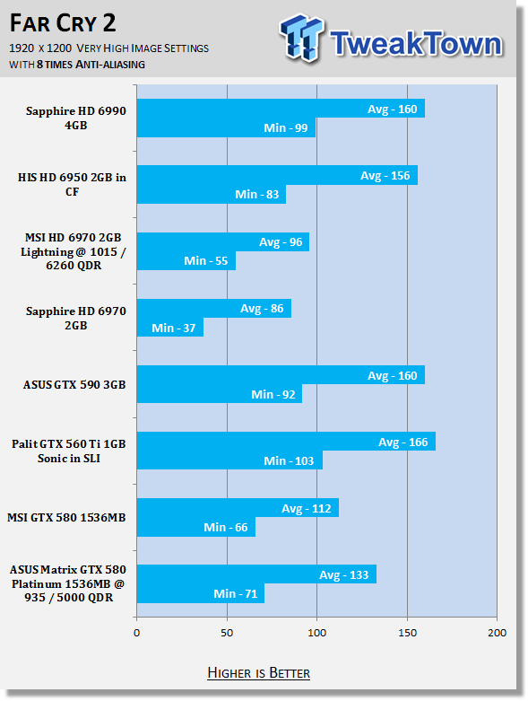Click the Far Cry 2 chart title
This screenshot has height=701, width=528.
[x=63, y=22]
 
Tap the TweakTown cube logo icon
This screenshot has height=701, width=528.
[x=301, y=38]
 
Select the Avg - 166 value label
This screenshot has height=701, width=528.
[x=403, y=443]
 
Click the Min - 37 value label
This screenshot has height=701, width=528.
[x=174, y=329]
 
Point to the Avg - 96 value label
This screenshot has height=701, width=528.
[x=281, y=242]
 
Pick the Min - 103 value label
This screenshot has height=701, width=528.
[x=289, y=461]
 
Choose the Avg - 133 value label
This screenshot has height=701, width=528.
[x=343, y=575]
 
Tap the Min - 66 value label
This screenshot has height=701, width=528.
[x=225, y=528]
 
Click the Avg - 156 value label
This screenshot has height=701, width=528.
[x=385, y=176]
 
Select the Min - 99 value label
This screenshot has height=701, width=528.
[x=286, y=127]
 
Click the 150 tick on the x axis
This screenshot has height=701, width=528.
[x=407, y=633]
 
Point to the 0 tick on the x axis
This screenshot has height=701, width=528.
[x=136, y=633]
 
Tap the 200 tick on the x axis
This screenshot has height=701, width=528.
[x=497, y=633]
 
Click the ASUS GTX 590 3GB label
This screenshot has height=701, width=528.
[x=74, y=384]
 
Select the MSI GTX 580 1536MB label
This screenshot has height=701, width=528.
[x=66, y=518]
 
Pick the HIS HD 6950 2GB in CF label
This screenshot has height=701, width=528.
[x=72, y=184]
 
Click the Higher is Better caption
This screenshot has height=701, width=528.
[x=258, y=673]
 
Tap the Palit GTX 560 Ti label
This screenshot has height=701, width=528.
[x=69, y=451]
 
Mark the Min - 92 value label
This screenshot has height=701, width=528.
[x=273, y=395]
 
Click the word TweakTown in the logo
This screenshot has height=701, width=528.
[x=417, y=43]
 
